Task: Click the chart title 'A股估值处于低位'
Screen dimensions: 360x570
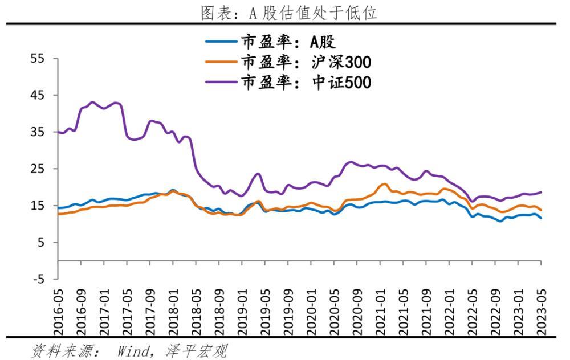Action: pyautogui.click(x=289, y=13)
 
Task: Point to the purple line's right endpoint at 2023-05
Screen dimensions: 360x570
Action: pyautogui.click(x=541, y=192)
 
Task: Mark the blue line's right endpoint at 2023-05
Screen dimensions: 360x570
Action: pyautogui.click(x=541, y=218)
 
